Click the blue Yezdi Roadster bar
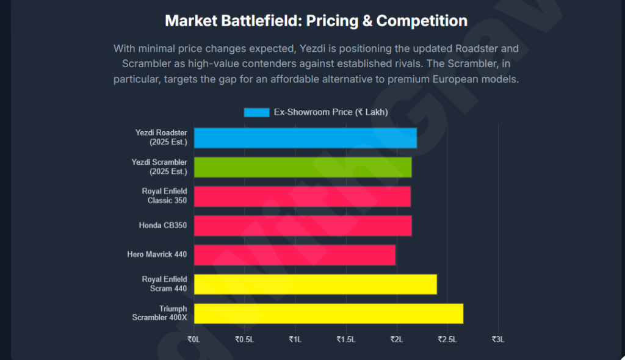[x=305, y=138]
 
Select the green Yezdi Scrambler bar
[x=303, y=167]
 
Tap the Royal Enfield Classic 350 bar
[x=302, y=196]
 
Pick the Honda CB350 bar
[x=303, y=226]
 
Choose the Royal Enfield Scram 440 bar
[x=316, y=284]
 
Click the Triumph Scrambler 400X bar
[x=328, y=314]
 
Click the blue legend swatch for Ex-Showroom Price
[x=256, y=112]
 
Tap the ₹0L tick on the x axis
[x=194, y=339]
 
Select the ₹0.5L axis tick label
[x=245, y=339]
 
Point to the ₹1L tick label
[x=295, y=339]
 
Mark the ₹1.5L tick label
[x=346, y=339]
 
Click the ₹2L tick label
[x=397, y=339]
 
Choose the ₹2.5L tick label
[x=447, y=339]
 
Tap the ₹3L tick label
[x=498, y=339]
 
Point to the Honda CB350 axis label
[x=162, y=226]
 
